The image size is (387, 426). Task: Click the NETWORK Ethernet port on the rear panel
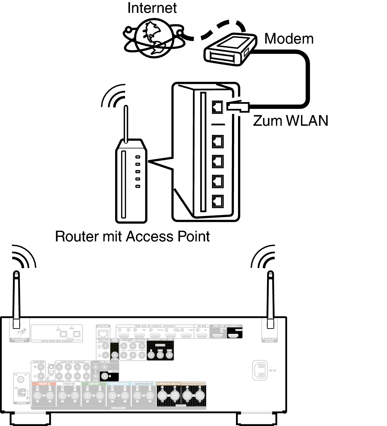(103, 333)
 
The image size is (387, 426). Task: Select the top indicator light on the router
(138, 157)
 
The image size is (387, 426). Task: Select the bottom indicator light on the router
(138, 186)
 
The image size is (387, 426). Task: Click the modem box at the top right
(230, 50)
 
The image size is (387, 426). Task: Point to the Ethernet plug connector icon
(236, 107)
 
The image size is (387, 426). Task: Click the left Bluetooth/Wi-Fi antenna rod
(16, 298)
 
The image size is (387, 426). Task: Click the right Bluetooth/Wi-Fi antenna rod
(270, 298)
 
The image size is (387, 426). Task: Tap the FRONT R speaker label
(44, 384)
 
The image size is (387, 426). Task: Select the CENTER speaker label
(94, 384)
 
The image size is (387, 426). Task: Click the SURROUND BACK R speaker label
(169, 384)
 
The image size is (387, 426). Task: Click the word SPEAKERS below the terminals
(119, 408)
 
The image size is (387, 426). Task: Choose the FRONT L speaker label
(69, 384)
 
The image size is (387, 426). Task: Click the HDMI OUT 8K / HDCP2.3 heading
(226, 326)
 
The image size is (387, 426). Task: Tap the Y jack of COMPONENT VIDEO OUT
(150, 355)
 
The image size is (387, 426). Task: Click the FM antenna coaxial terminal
(21, 380)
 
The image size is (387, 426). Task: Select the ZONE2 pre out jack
(96, 376)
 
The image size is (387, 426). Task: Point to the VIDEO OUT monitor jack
(115, 355)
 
